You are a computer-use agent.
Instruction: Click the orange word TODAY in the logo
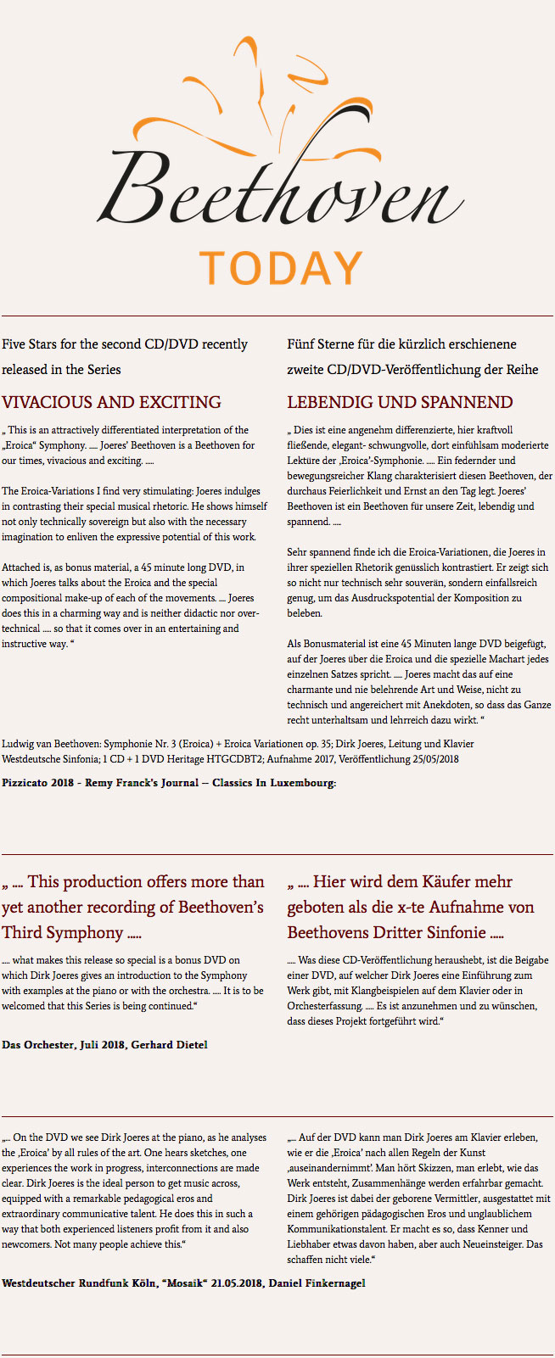coord(281,268)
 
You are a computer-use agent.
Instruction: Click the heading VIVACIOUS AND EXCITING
coord(111,402)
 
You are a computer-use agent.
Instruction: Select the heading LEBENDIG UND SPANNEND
coord(400,402)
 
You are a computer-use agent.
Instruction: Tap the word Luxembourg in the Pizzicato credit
coord(302,783)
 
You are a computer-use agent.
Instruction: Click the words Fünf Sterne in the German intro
coord(320,344)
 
